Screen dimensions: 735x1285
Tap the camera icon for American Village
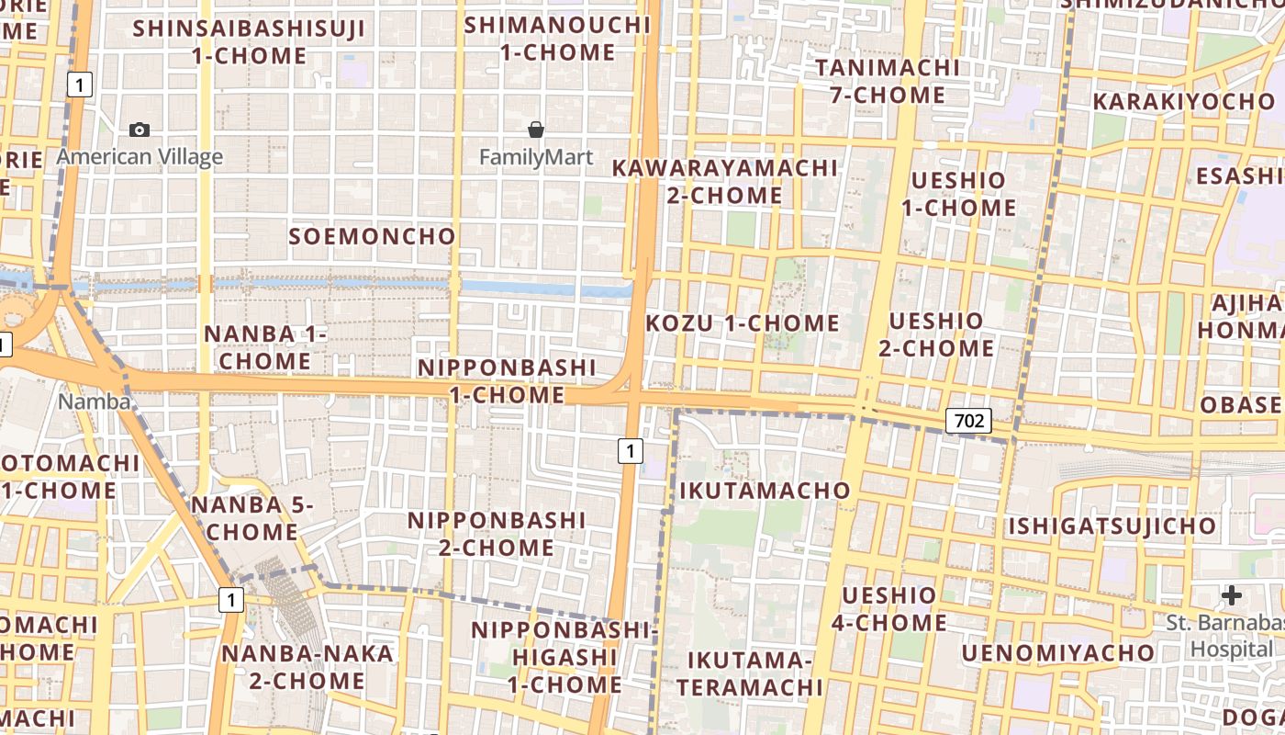click(x=140, y=130)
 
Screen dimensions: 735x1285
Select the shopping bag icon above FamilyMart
click(x=536, y=130)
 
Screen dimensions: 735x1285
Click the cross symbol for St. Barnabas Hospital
click(x=1232, y=596)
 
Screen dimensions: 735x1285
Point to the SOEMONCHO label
click(x=372, y=236)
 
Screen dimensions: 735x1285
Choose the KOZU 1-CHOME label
click(x=743, y=323)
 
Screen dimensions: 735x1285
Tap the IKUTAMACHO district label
click(x=765, y=491)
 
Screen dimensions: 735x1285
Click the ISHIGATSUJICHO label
click(x=1112, y=526)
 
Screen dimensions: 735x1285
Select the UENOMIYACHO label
click(x=1057, y=653)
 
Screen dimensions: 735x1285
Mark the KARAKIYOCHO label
click(x=1183, y=101)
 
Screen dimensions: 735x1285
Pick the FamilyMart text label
click(x=536, y=157)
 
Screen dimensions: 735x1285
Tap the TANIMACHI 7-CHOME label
click(x=887, y=81)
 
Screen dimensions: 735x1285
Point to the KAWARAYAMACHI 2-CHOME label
click(x=724, y=181)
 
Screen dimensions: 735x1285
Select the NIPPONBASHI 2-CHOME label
click(x=497, y=534)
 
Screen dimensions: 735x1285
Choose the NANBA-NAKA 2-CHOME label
click(x=307, y=667)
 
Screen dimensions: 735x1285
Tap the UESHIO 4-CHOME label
click(x=888, y=609)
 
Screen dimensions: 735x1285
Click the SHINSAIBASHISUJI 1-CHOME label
click(x=249, y=41)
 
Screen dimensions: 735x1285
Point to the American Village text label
click(x=140, y=157)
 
